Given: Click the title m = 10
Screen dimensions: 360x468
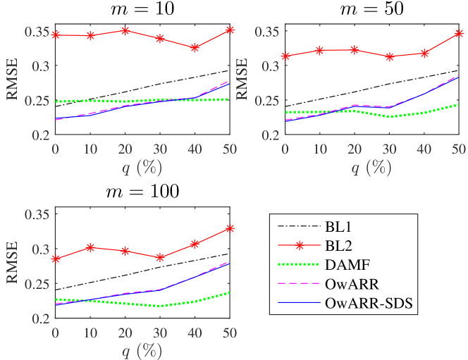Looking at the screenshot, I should pyautogui.click(x=142, y=10).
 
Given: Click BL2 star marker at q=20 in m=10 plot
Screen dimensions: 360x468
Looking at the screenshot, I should pyautogui.click(x=125, y=30).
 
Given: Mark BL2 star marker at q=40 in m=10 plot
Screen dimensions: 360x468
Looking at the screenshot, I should pyautogui.click(x=195, y=47).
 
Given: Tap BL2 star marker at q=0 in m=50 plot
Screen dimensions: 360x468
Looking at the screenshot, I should pyautogui.click(x=285, y=56).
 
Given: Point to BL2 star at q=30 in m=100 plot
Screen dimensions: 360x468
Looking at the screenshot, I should pyautogui.click(x=160, y=258).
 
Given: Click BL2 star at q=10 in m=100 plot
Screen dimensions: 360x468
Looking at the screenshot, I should pyautogui.click(x=90, y=247).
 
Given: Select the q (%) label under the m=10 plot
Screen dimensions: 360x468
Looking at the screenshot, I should pyautogui.click(x=142, y=168).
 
